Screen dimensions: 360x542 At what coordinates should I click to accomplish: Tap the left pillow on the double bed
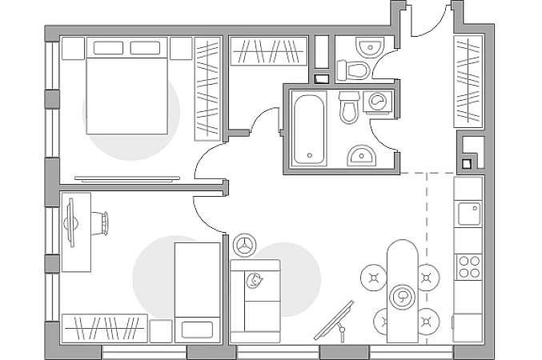108,48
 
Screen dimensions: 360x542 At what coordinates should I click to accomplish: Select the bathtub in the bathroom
309,129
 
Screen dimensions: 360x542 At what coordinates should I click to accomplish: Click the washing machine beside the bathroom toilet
378,102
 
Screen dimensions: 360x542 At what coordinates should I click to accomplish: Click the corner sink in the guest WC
371,47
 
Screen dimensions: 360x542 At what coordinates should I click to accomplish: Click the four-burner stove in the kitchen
468,266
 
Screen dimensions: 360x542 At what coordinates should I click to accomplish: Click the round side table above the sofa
244,245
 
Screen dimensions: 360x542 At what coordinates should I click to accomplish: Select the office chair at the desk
98,222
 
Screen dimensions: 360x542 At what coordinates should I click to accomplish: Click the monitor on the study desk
70,222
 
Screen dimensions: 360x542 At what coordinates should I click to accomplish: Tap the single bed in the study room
197,292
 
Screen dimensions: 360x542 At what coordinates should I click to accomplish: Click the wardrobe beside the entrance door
468,80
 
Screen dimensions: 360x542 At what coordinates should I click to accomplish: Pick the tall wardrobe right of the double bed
207,83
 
